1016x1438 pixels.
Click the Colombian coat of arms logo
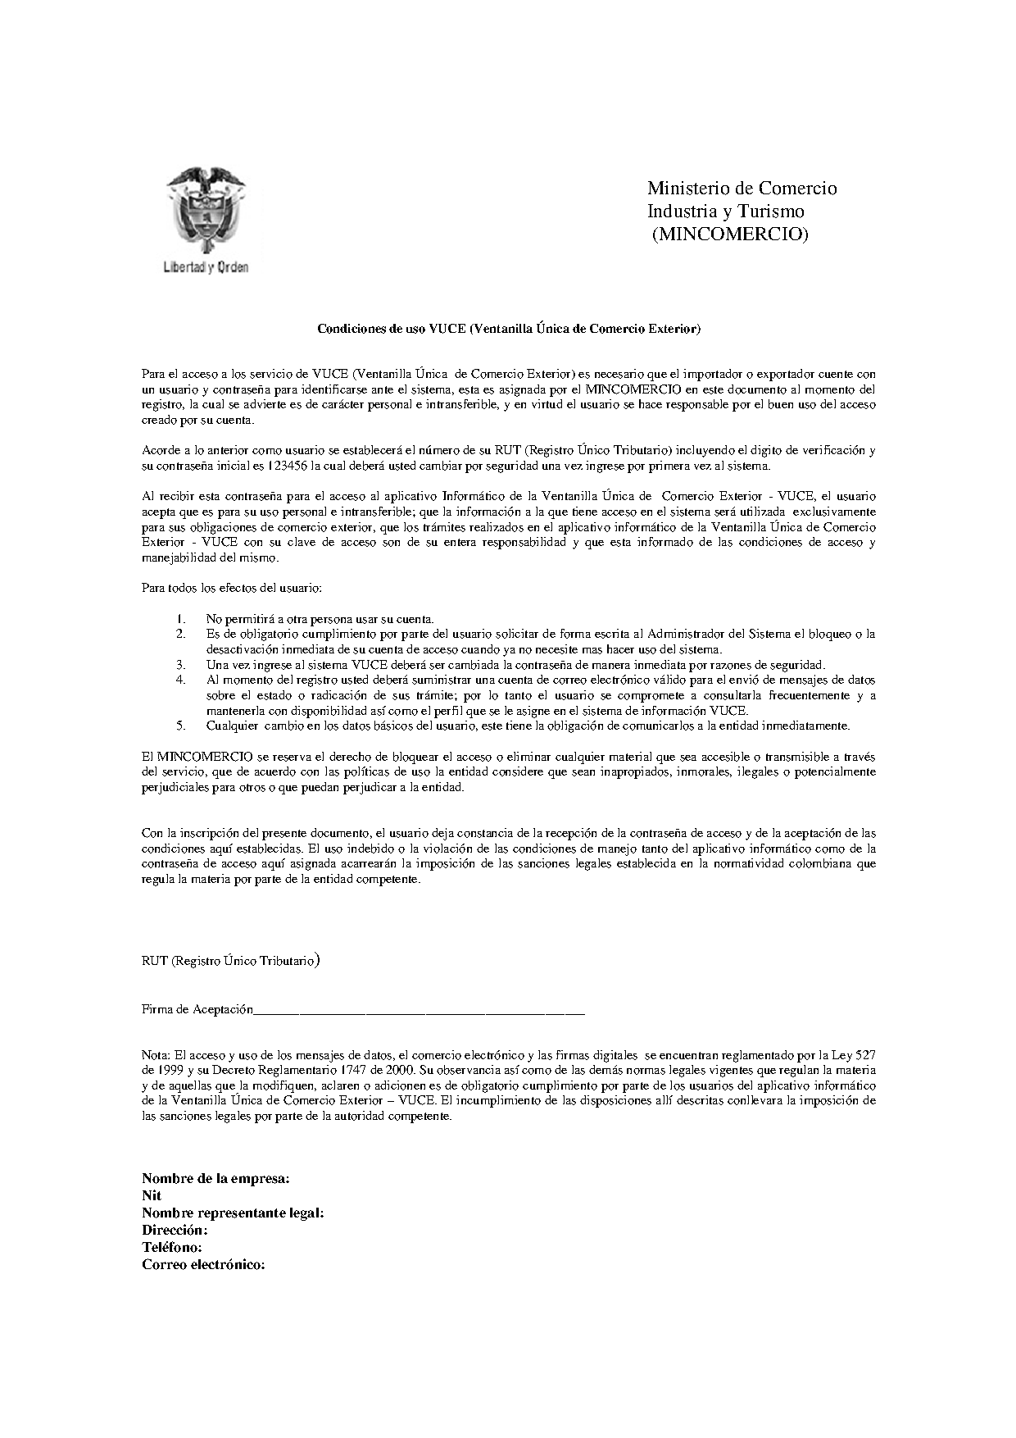click(x=205, y=210)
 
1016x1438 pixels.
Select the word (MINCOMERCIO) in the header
click(x=729, y=234)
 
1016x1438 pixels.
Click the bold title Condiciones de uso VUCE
click(x=509, y=329)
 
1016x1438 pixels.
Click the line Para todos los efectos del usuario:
click(x=232, y=588)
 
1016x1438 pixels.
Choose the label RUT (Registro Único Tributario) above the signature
click(x=230, y=960)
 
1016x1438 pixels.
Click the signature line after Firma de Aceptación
click(x=418, y=1012)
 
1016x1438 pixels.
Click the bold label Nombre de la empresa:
click(x=215, y=1179)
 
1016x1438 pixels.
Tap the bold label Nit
click(x=152, y=1196)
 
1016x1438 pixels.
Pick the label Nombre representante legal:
click(x=233, y=1213)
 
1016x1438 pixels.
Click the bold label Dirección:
click(x=175, y=1231)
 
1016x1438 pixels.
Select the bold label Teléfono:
click(x=172, y=1248)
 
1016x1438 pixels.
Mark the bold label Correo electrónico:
click(x=203, y=1265)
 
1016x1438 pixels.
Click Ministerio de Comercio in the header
click(x=742, y=189)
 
